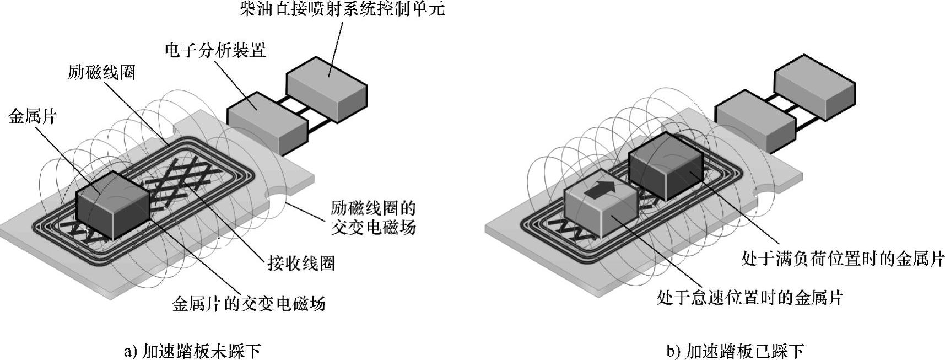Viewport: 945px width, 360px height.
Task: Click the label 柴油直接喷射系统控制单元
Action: tap(342, 9)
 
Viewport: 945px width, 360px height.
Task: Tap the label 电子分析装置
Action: tap(215, 50)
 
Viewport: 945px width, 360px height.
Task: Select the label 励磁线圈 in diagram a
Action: tap(101, 72)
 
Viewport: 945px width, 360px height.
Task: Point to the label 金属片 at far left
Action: tap(33, 116)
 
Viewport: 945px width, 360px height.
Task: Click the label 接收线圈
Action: tap(301, 264)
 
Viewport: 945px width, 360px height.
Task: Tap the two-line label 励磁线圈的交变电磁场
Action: tap(373, 218)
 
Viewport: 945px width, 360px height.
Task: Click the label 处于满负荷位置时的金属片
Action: tap(843, 259)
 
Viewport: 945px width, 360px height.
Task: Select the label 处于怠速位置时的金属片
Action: tap(750, 298)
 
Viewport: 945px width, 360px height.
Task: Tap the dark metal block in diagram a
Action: tap(113, 205)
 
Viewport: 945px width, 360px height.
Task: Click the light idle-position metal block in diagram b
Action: tap(601, 209)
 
